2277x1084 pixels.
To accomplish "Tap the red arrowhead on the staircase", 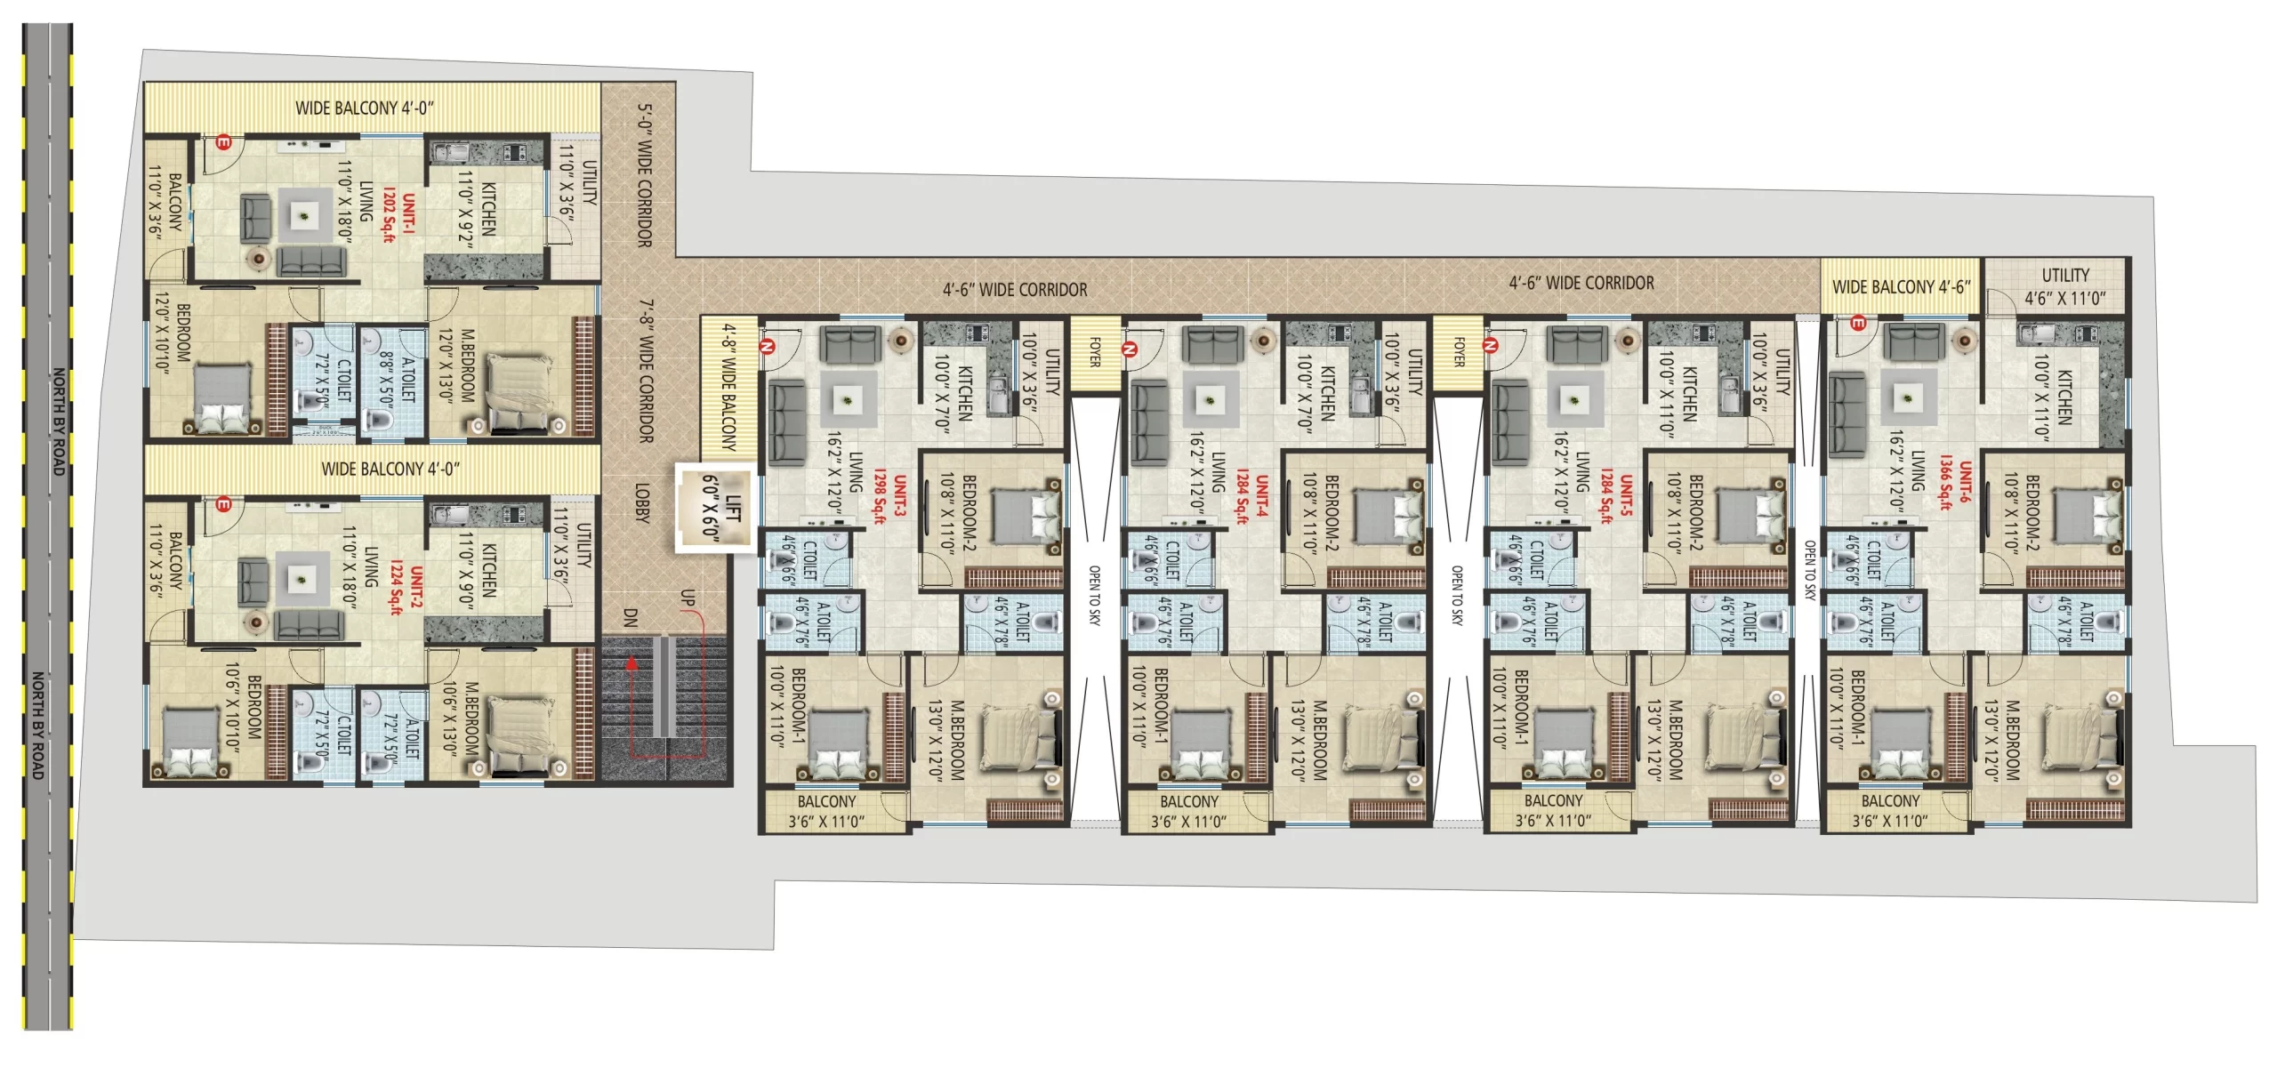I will point(632,662).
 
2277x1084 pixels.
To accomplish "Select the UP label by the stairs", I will point(687,598).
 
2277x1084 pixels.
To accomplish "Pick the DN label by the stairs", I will point(630,617).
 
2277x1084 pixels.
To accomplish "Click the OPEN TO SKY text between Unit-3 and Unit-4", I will point(1094,596).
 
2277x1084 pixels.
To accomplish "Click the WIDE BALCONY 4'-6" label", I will point(1901,287).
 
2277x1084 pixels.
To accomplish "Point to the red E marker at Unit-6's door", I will point(1858,324).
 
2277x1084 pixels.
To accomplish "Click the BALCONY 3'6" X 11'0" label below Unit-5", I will point(1553,810).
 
